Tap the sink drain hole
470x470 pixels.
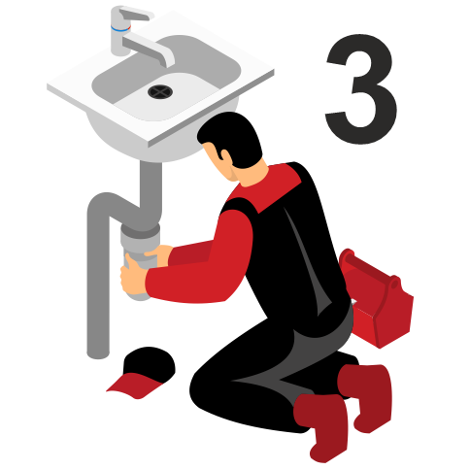pos(160,91)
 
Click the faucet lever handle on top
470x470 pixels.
pos(136,13)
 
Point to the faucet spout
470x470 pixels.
pos(150,49)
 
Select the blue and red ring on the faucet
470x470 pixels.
pos(120,28)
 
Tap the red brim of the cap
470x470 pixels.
pos(133,386)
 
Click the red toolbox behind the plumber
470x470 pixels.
pos(377,299)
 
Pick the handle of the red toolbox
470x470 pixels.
pos(371,269)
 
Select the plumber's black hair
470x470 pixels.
pos(231,138)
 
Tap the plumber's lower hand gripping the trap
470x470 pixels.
pos(133,275)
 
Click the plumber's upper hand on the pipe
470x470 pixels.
pos(159,255)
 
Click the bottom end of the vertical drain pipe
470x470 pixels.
pos(98,354)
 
